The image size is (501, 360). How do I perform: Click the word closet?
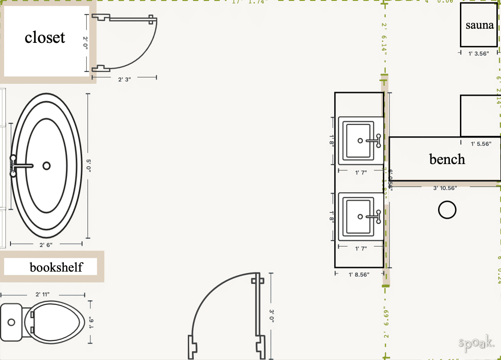(x=45, y=37)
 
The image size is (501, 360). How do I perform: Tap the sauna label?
(x=480, y=25)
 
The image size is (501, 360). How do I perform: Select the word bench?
(x=447, y=159)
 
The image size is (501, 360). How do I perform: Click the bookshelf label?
(x=56, y=267)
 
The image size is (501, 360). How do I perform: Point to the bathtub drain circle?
(x=46, y=166)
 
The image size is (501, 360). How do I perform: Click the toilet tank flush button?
(x=11, y=322)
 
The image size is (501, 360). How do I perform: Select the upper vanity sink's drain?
(x=360, y=141)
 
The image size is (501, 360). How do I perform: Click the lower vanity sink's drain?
(x=360, y=217)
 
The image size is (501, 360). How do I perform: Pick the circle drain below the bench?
(x=447, y=210)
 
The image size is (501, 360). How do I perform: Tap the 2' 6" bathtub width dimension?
(x=46, y=245)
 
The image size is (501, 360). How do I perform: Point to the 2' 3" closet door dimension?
(x=124, y=79)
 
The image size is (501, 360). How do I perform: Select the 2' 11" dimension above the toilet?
(x=43, y=295)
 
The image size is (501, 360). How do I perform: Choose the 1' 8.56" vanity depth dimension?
(x=359, y=275)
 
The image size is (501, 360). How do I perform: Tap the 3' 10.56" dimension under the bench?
(x=445, y=188)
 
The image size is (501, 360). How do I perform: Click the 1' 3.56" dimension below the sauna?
(x=478, y=54)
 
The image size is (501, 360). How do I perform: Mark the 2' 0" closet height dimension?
(x=85, y=42)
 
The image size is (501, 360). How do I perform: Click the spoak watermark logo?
(x=476, y=343)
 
